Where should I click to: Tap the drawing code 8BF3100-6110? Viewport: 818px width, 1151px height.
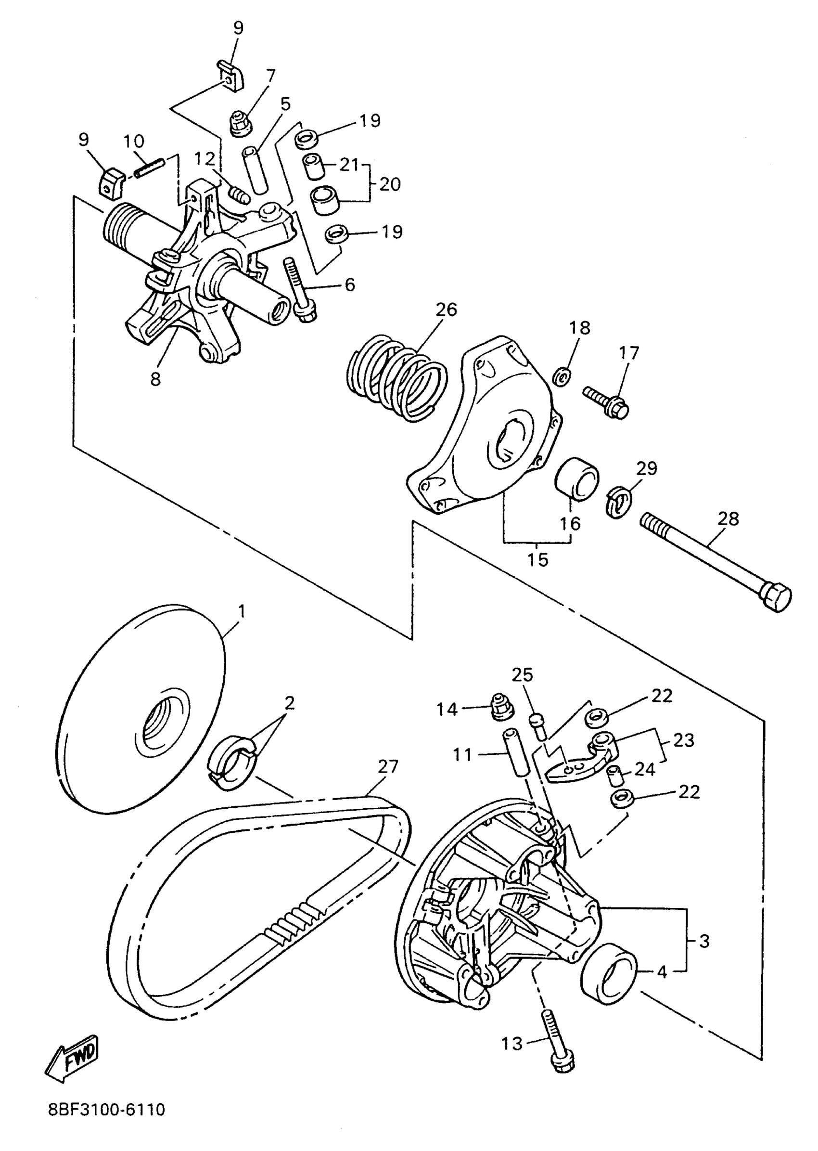106,1110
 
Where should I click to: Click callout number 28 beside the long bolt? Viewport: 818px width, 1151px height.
728,518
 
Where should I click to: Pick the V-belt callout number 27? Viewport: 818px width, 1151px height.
388,766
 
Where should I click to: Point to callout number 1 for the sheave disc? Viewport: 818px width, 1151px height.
242,612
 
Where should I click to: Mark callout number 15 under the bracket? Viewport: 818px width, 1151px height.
537,559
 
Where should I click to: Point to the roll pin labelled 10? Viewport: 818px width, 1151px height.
150,168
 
